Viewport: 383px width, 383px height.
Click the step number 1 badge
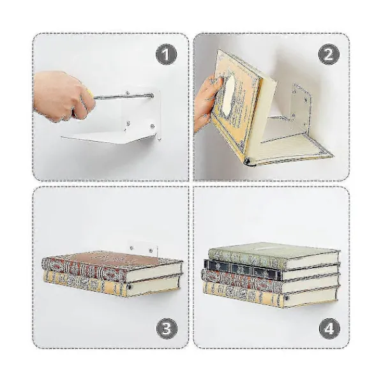[x=167, y=54]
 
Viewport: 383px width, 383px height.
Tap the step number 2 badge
[x=329, y=54]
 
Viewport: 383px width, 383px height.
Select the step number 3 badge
[x=167, y=329]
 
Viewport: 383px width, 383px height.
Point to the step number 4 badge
[x=329, y=329]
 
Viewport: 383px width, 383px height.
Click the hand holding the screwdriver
[x=63, y=96]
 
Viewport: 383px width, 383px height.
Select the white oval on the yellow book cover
[x=229, y=94]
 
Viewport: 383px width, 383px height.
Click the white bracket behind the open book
[x=299, y=107]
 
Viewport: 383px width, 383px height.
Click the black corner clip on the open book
[x=247, y=161]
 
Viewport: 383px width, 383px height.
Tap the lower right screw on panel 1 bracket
[x=153, y=126]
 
